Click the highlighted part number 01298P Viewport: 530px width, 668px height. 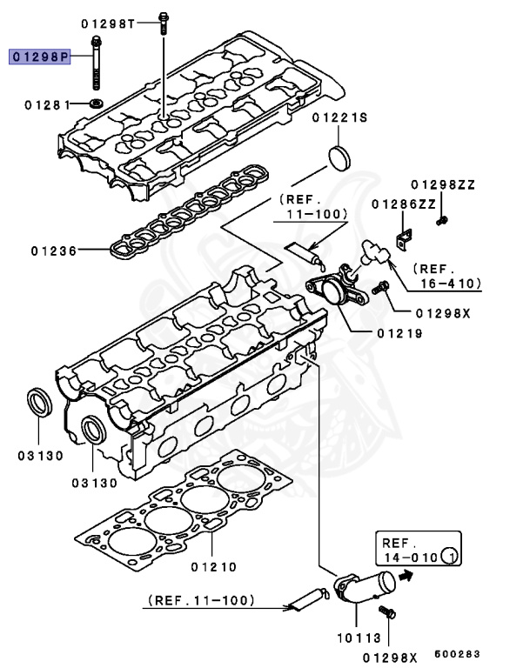[x=40, y=57]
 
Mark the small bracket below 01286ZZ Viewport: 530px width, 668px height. [x=403, y=236]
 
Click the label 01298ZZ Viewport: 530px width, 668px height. [x=443, y=184]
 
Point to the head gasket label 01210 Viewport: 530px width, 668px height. [x=212, y=566]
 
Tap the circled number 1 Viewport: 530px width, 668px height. [x=449, y=555]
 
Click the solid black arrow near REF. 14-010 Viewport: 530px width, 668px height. [x=406, y=575]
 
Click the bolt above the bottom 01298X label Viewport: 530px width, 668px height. [x=390, y=613]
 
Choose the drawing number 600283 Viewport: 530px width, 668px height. [x=458, y=654]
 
